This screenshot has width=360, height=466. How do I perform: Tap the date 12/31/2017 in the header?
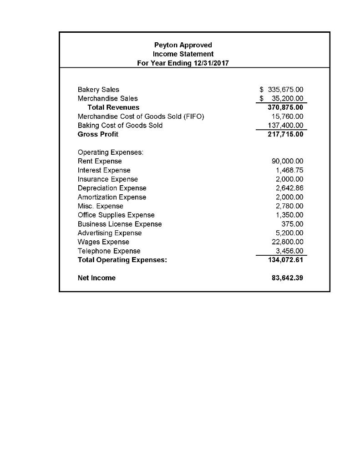click(x=209, y=63)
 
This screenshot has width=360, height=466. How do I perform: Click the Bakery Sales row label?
click(x=98, y=90)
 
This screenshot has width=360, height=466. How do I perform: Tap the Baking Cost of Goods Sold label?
click(x=120, y=125)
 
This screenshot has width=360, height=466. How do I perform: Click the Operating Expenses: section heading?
click(x=111, y=152)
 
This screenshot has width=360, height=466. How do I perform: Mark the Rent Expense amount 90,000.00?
click(x=287, y=161)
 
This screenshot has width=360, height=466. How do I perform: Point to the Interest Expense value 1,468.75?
click(x=289, y=170)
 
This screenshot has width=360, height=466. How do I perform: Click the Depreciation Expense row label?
click(x=112, y=188)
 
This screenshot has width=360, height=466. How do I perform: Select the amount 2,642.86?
click(x=289, y=188)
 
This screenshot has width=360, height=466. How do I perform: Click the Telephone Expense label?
click(x=109, y=251)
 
